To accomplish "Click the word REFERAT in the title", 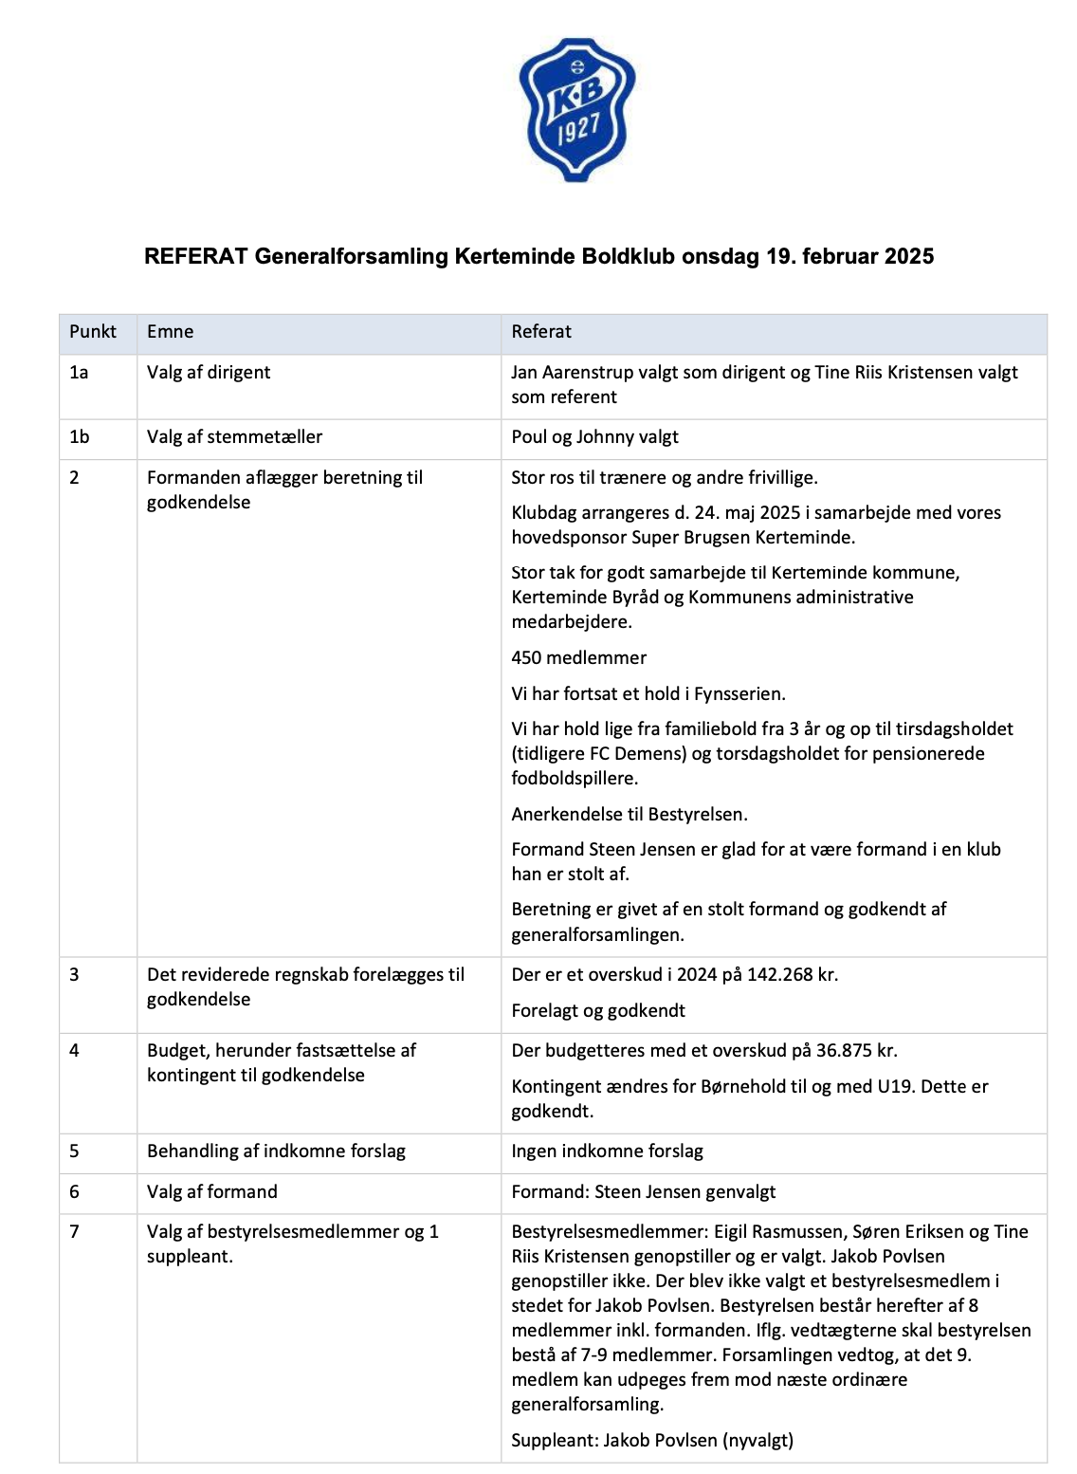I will pos(196,256).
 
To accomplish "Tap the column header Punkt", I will pos(93,332).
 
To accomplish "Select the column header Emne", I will pos(171,332).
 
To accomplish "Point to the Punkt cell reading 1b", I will pos(80,437).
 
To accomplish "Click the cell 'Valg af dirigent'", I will pos(209,373).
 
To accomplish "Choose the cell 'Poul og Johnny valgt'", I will pos(594,437).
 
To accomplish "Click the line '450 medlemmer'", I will pos(578,658).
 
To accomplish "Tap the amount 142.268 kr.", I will pos(793,975).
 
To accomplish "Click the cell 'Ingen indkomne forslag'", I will pos(607,1152).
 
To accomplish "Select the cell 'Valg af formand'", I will pos(212,1192).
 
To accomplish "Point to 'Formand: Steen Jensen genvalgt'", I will pos(643,1192).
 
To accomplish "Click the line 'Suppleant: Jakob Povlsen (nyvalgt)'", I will pos(652,1441).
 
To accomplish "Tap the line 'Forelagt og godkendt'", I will pos(598,1011).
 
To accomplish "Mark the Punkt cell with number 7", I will pos(75,1232).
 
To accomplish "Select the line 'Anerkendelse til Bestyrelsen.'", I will pos(630,815).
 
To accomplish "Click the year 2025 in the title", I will pos(909,256).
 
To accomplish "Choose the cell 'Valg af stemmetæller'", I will pos(234,437).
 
